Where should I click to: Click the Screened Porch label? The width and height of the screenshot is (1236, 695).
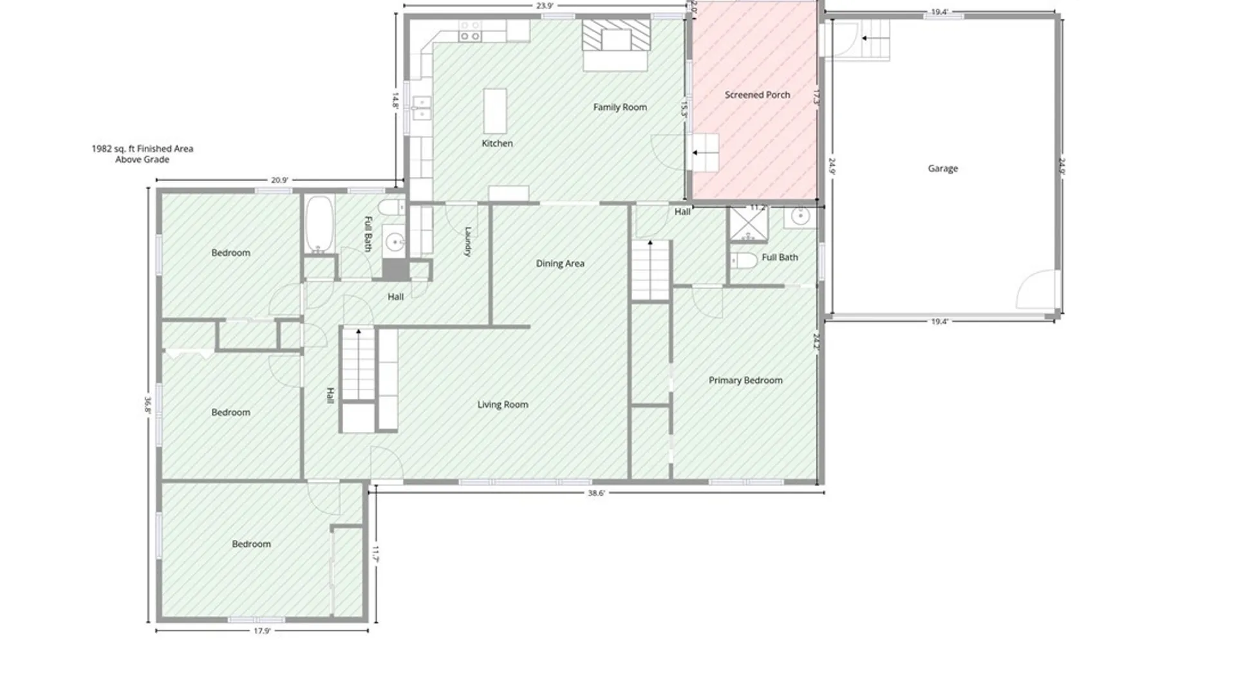click(757, 95)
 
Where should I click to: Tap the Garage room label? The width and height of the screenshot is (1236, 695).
click(942, 169)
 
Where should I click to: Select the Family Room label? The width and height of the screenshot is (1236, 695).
click(620, 107)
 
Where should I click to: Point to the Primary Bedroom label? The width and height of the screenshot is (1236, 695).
click(745, 380)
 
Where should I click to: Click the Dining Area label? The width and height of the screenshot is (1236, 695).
click(560, 263)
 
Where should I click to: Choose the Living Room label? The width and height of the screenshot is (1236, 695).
click(503, 405)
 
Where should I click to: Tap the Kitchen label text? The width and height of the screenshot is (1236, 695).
click(497, 144)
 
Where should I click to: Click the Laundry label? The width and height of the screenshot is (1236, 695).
click(468, 242)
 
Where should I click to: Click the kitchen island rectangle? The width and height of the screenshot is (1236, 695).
click(494, 111)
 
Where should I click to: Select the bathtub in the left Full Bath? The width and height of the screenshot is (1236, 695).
click(319, 225)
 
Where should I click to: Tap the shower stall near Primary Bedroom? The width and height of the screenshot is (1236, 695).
click(747, 223)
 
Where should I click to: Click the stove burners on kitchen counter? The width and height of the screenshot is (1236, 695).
click(470, 31)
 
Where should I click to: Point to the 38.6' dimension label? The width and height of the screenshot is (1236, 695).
click(596, 493)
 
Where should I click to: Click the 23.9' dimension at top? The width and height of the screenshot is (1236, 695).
click(544, 6)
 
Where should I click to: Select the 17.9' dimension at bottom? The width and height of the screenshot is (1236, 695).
click(261, 631)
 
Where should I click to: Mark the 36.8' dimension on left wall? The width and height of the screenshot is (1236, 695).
click(147, 405)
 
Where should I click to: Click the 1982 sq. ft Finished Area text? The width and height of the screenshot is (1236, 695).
click(142, 149)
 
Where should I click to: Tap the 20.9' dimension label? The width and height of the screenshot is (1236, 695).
click(279, 180)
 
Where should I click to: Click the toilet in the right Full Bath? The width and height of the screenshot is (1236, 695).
click(744, 261)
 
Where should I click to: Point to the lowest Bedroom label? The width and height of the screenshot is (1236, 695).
click(251, 544)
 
